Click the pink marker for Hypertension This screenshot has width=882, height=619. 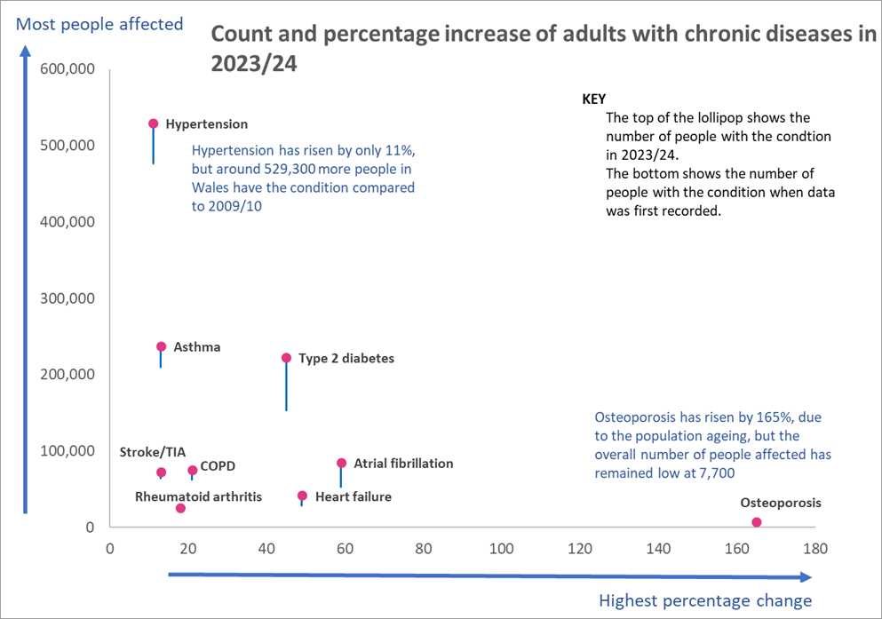(153, 124)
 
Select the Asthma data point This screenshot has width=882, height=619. (161, 347)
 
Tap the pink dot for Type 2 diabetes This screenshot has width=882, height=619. (286, 358)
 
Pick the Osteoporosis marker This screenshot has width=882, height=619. (757, 522)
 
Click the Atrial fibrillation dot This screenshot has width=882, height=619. (341, 463)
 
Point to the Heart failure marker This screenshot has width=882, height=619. (302, 496)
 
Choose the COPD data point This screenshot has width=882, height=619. (192, 471)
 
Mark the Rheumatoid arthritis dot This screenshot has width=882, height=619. (180, 508)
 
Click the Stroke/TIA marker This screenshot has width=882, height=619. (161, 472)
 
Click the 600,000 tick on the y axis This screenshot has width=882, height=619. (68, 69)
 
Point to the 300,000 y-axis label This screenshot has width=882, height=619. (68, 298)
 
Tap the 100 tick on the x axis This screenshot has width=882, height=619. (502, 549)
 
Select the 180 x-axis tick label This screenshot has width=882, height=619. (814, 549)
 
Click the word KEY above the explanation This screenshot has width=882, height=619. (593, 99)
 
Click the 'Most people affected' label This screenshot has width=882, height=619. (99, 24)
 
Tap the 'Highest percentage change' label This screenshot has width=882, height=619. (705, 601)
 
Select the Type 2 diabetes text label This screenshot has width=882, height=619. (346, 359)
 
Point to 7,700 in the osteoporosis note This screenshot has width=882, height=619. (712, 473)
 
